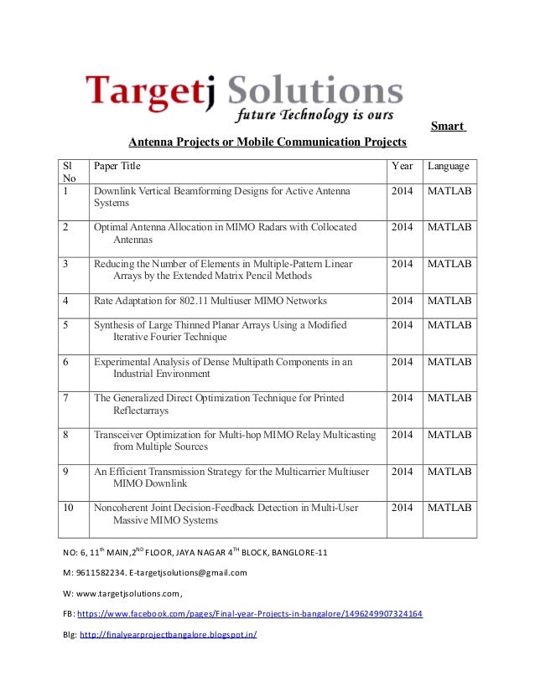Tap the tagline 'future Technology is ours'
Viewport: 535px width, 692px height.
(314, 114)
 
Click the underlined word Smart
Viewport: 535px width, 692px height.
(448, 126)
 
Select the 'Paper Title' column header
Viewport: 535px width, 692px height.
(117, 166)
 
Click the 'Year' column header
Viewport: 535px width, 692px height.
(403, 166)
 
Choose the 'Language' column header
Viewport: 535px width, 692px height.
(449, 166)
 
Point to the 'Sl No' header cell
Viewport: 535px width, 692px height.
(70, 172)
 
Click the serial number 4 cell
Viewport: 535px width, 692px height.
(66, 301)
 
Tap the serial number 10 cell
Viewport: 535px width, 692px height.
(70, 508)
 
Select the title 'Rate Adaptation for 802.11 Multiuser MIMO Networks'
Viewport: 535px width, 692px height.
(210, 301)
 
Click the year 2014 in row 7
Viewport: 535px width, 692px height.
(403, 398)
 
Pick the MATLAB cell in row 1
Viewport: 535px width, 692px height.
(449, 192)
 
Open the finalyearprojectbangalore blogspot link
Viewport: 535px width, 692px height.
(168, 634)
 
